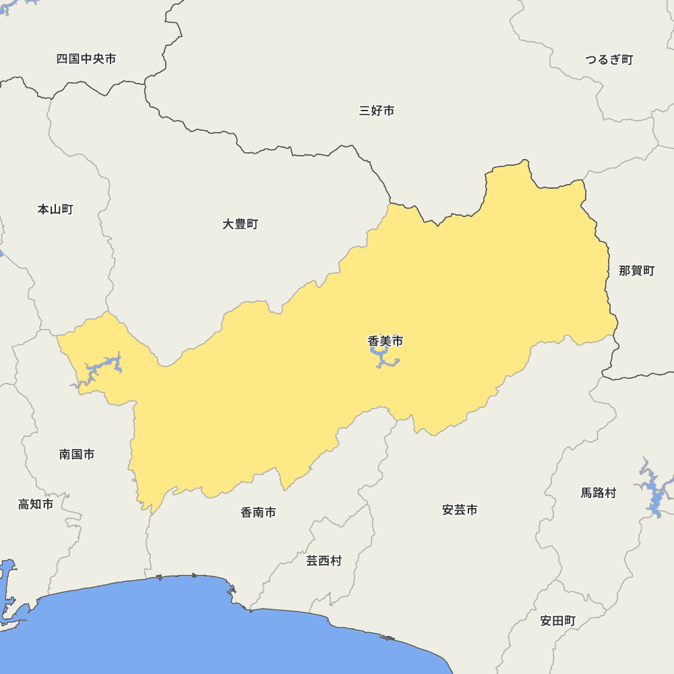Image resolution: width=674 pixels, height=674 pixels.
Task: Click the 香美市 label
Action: pos(386,342)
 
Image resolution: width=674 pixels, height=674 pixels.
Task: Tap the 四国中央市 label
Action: pos(86,59)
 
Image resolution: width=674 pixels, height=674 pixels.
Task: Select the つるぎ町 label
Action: pos(609,60)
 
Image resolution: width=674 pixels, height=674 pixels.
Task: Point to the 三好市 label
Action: pos(377,111)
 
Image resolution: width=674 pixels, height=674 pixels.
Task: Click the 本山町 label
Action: pos(55,210)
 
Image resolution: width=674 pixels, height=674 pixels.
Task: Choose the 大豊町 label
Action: pos(241,224)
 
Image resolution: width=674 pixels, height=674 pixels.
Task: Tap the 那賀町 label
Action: pos(637,271)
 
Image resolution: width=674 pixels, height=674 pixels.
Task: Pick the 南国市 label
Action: pos(77,455)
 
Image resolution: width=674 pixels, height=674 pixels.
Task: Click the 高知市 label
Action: pos(36,504)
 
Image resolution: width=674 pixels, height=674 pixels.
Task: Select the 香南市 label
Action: pos(258,513)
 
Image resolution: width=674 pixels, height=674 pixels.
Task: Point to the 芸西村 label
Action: pos(324,561)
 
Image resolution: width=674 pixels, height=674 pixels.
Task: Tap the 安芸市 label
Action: pos(460,510)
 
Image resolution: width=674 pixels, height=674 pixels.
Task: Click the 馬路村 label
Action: pos(599,493)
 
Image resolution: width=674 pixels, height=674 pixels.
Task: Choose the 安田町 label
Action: pos(558,621)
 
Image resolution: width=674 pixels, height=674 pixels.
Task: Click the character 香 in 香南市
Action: pos(247,513)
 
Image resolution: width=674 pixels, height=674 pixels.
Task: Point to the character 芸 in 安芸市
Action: pos(460,510)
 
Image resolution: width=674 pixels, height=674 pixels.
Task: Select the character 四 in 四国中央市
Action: pos(62,59)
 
